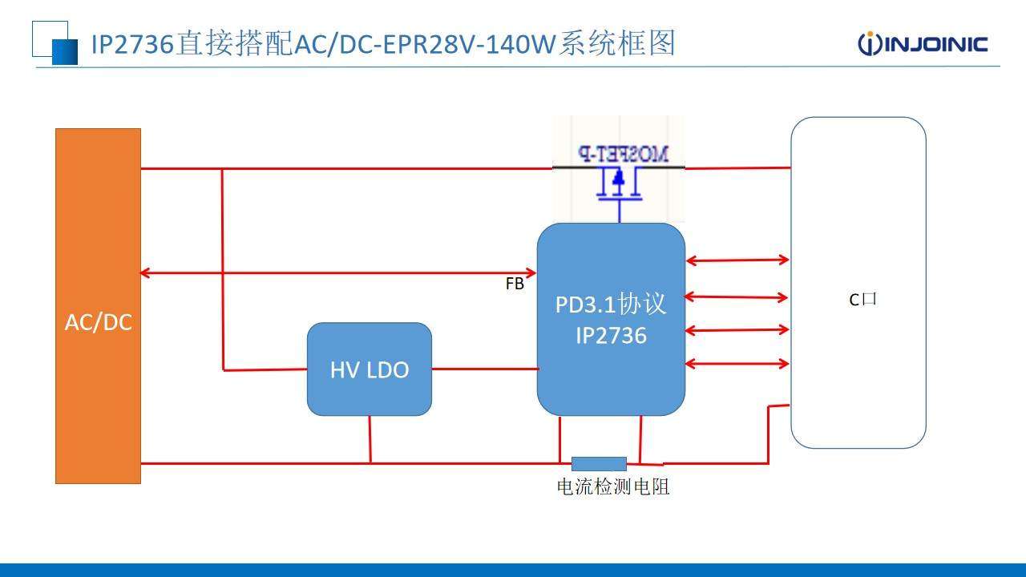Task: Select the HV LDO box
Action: (x=370, y=369)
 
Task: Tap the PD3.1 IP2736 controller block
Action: (x=611, y=319)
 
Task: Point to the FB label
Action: (x=515, y=284)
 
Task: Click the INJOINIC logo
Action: (x=923, y=43)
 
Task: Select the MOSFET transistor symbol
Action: (x=618, y=185)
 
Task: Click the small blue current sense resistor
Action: (x=599, y=463)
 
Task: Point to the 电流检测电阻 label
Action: (x=613, y=486)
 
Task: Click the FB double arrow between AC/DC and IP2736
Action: (x=337, y=273)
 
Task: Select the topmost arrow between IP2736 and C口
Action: (x=737, y=260)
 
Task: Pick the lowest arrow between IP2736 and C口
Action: (x=737, y=364)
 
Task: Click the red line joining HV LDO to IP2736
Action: (x=484, y=369)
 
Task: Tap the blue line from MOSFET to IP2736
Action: (x=619, y=211)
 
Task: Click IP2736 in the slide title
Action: (x=132, y=43)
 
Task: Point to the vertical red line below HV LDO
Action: (x=370, y=439)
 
